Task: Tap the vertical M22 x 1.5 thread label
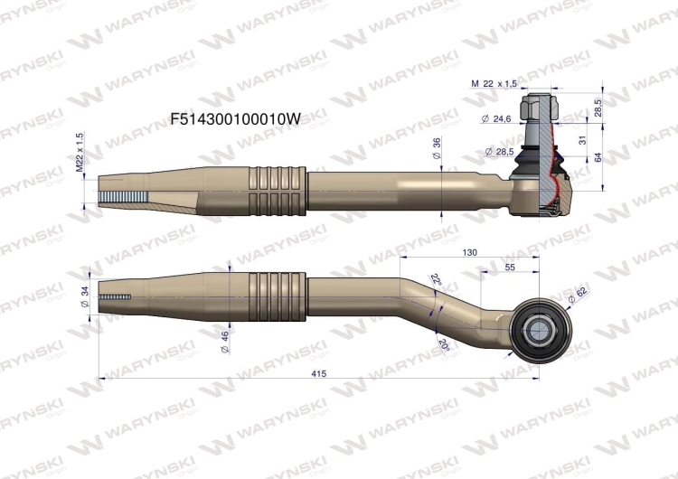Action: point(80,152)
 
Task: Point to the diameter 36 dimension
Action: point(438,150)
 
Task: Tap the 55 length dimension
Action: point(510,268)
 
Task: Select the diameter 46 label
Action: point(223,340)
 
